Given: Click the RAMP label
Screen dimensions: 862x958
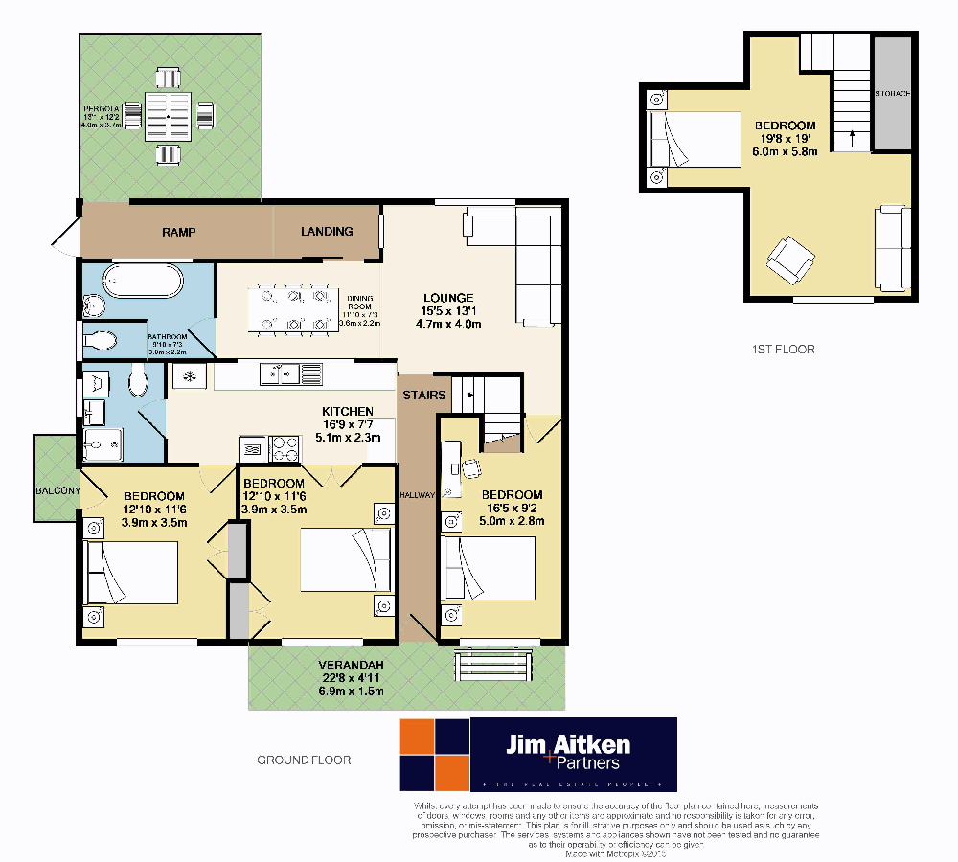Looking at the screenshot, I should click(179, 232).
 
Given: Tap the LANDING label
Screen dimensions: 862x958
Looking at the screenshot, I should click(327, 231).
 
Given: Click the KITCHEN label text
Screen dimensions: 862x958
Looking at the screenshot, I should click(348, 411).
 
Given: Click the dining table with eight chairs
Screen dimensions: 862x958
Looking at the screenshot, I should click(293, 309).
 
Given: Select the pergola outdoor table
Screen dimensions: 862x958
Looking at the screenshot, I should click(169, 116).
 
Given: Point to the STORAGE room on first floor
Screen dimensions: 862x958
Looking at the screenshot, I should click(892, 93).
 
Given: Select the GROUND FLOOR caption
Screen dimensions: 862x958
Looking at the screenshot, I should click(304, 760).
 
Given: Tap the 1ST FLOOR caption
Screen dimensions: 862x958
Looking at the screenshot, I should click(783, 350).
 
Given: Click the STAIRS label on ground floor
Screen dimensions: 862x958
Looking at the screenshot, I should click(423, 395).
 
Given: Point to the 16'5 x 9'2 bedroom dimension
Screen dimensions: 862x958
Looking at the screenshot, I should click(512, 509).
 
